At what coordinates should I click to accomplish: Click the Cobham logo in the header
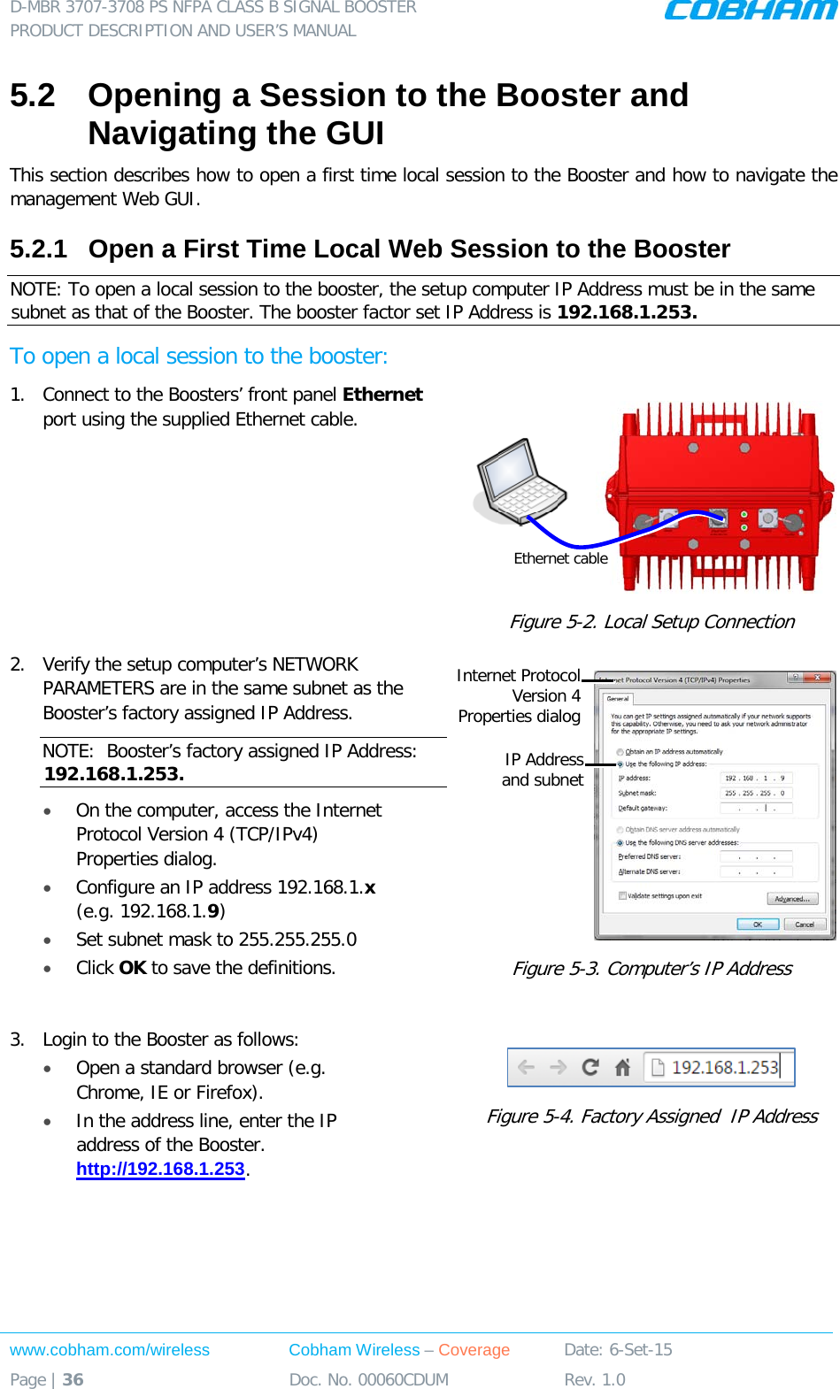pyautogui.click(x=749, y=11)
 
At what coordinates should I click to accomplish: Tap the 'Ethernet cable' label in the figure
pyautogui.click(x=560, y=558)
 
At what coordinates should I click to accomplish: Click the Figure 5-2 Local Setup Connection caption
pyautogui.click(x=651, y=622)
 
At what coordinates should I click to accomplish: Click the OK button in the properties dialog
pyautogui.click(x=758, y=924)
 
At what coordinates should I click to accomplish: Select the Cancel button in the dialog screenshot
pyautogui.click(x=805, y=924)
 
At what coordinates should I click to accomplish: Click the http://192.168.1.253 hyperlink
pyautogui.click(x=160, y=1169)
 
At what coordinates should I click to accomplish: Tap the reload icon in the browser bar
pyautogui.click(x=590, y=1067)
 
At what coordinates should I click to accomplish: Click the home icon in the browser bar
pyautogui.click(x=622, y=1067)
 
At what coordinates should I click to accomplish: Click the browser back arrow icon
pyautogui.click(x=527, y=1067)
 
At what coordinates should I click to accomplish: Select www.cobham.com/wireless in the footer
pyautogui.click(x=110, y=1350)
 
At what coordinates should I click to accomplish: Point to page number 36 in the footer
pyautogui.click(x=73, y=1379)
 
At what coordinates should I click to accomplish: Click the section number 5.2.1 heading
pyautogui.click(x=38, y=249)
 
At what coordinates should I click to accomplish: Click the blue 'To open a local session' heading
pyautogui.click(x=198, y=357)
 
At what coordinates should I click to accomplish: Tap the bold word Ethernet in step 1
pyautogui.click(x=382, y=395)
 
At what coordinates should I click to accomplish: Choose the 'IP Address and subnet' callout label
pyautogui.click(x=543, y=770)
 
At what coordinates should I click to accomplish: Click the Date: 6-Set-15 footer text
pyautogui.click(x=618, y=1350)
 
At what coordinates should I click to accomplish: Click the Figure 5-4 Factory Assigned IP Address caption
pyautogui.click(x=651, y=1117)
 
